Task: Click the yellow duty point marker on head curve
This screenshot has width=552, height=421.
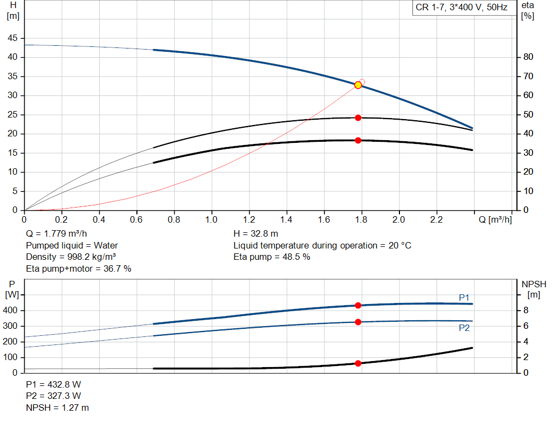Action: click(x=358, y=85)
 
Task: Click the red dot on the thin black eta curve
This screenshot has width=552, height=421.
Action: click(x=358, y=118)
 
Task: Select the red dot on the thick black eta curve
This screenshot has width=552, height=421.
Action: click(x=358, y=141)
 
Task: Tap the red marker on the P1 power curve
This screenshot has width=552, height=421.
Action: click(x=358, y=305)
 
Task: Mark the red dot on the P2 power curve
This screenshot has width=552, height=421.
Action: click(x=358, y=322)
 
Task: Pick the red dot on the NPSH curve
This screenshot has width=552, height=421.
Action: click(x=358, y=363)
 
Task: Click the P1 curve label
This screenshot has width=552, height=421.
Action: click(x=464, y=298)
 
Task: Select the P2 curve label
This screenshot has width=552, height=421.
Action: click(x=464, y=328)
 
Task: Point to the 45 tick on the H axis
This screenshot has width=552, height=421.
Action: click(x=12, y=38)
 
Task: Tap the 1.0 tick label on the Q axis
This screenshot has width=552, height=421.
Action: click(x=211, y=219)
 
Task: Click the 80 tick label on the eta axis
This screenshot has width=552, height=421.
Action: click(x=528, y=57)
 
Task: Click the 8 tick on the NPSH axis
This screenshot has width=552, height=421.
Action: click(x=526, y=310)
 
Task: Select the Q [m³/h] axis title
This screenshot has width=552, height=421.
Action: click(x=495, y=219)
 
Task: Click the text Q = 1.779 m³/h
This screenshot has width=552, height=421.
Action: click(x=56, y=234)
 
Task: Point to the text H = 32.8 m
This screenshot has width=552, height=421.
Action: click(x=256, y=234)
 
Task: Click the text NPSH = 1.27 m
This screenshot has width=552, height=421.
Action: click(x=57, y=408)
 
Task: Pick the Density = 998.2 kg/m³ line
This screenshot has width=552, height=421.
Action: click(x=71, y=257)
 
